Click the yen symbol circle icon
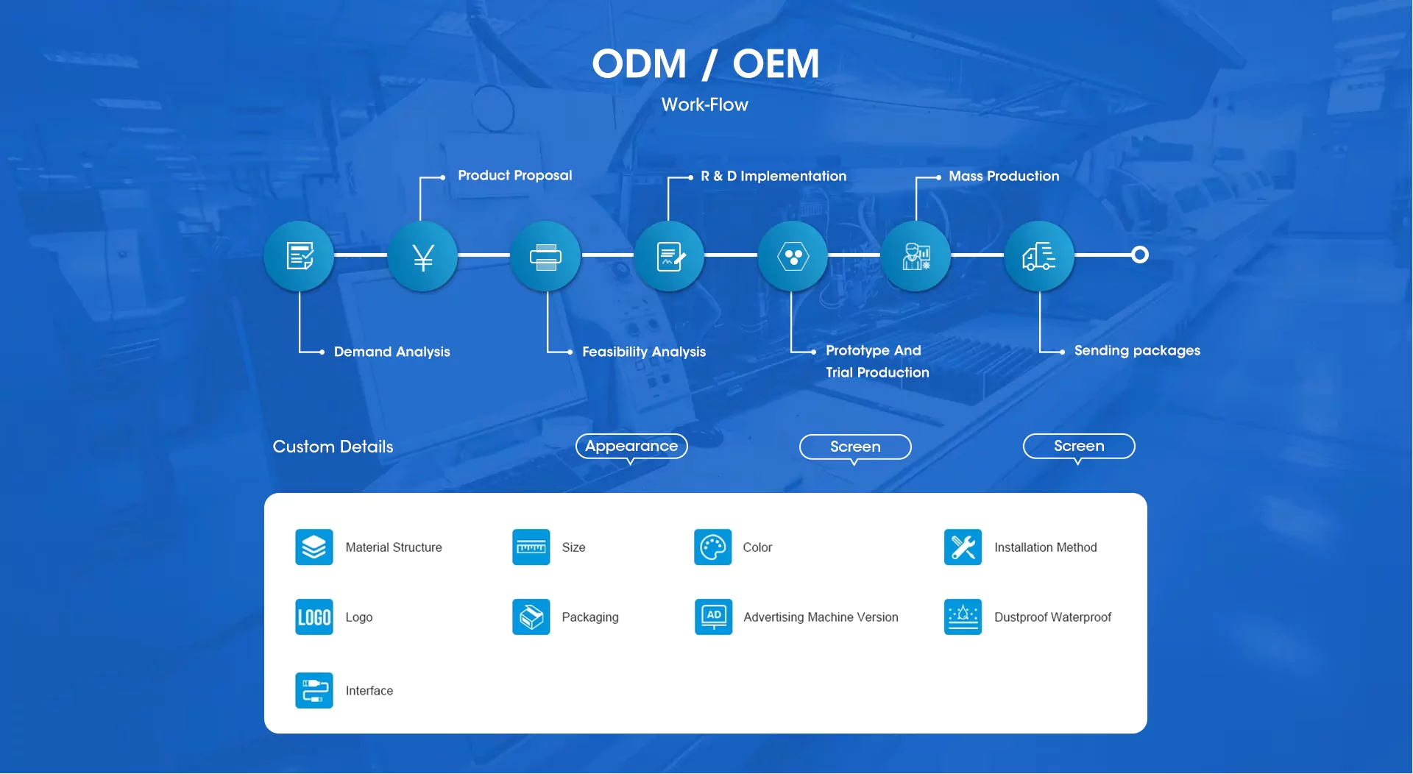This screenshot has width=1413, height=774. pos(422,257)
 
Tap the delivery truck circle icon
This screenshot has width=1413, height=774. pos(1039,257)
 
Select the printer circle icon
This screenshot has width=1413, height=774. pos(545,257)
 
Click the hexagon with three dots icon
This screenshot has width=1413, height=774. pos(793,257)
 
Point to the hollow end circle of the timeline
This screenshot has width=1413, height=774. pos(1139,255)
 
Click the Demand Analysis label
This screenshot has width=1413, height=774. pos(392,352)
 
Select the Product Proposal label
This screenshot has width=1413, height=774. pos(514,175)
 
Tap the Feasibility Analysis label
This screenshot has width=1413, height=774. pos(643,352)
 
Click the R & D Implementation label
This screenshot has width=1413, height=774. pos(773,176)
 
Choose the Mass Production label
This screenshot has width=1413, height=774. pos(1003,176)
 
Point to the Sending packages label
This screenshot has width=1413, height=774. pos(1136,350)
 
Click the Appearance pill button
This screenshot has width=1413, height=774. pos(631,446)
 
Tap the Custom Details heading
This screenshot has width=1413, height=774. pos(333,447)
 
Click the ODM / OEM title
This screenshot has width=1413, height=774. pos(705,63)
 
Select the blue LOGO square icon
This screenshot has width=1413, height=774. pos(314,617)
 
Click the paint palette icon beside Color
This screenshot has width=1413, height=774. pos(712,547)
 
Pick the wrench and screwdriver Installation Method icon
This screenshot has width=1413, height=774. pos(963,547)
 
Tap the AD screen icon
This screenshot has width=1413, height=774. pos(713,617)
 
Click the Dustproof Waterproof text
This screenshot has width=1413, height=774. pos(1052,617)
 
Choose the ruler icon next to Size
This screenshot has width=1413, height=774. pos(531,547)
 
